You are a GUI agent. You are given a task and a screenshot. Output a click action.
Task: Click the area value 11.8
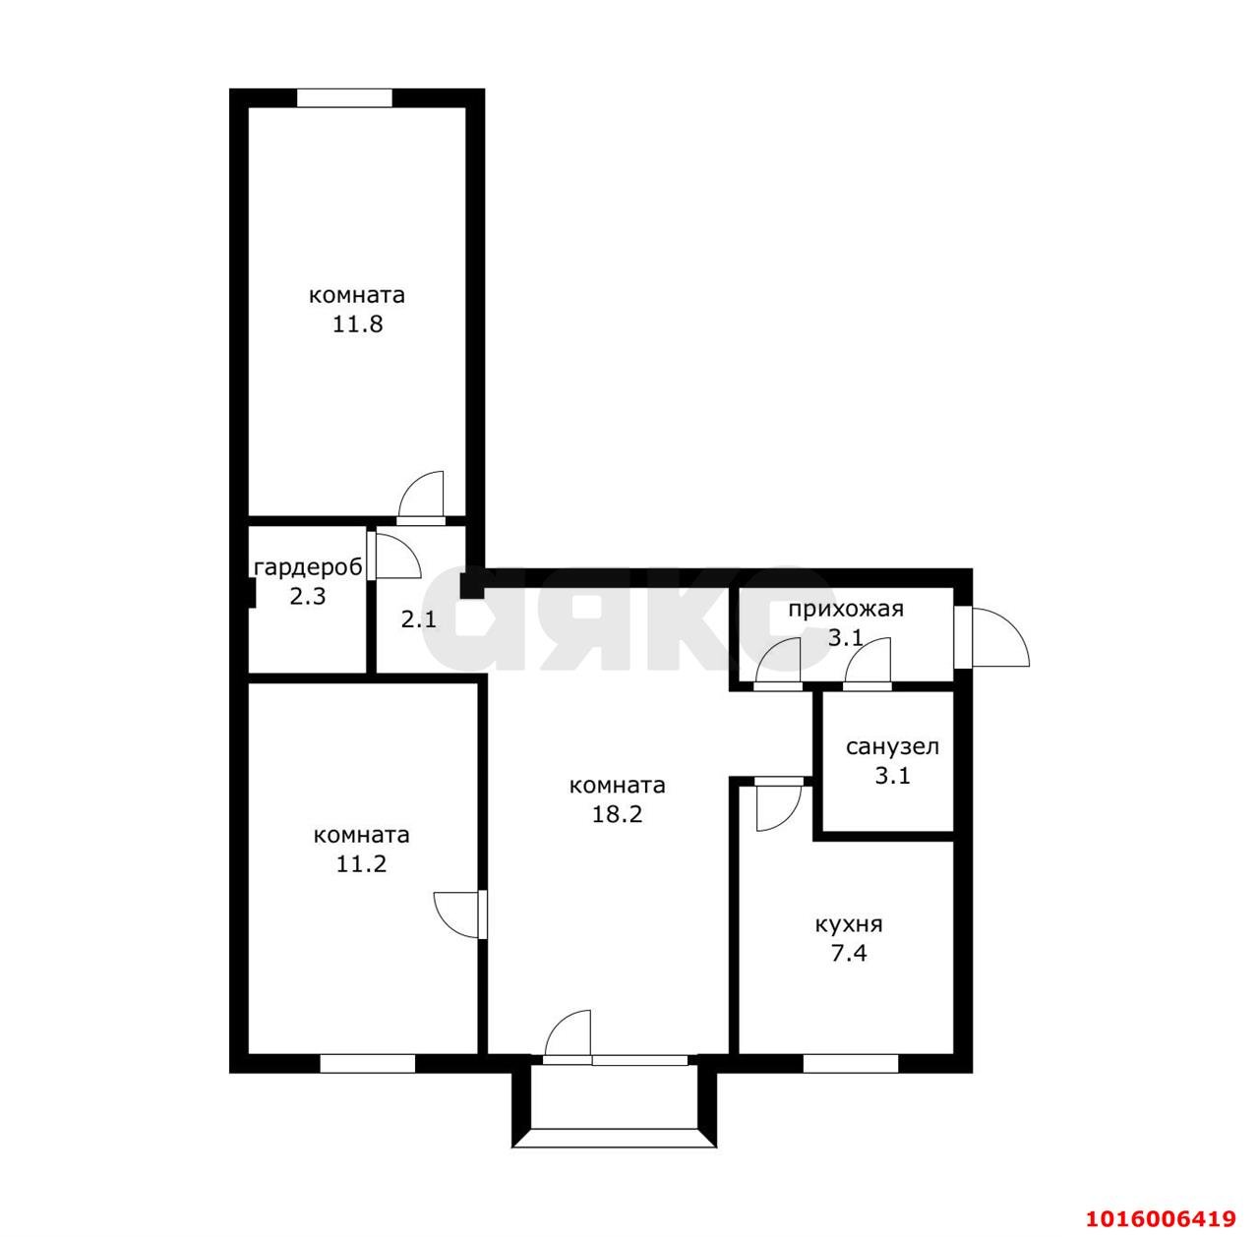point(357,324)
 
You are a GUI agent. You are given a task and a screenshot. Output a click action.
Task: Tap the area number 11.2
point(361,864)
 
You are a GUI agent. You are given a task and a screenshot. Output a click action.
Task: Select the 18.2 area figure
point(618,813)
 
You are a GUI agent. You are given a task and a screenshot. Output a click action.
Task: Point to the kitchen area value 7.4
point(849,953)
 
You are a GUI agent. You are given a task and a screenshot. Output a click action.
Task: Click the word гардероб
point(308,567)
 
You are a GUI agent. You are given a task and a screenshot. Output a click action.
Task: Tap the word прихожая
point(846,609)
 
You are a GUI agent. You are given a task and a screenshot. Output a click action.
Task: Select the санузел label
point(892,746)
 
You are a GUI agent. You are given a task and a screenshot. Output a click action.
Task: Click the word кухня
point(849,924)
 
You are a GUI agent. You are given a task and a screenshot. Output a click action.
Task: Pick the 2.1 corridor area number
point(418,618)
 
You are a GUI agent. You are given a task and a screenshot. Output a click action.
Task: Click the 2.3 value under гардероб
point(308,596)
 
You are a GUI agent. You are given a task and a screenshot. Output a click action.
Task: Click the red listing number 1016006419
point(1161,1218)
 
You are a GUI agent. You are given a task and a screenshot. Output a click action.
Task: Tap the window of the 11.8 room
point(344,97)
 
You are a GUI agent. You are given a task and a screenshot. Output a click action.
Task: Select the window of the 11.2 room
point(367,1063)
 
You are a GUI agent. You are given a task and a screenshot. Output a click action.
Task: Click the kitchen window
point(850,1063)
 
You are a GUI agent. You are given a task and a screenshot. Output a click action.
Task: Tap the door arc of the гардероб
point(407,547)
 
